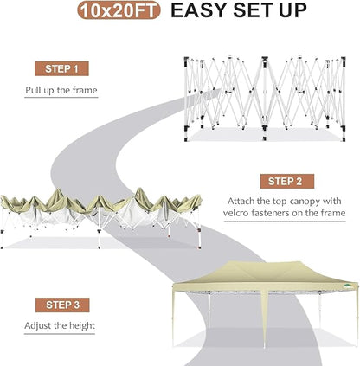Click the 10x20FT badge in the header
(x=115, y=11)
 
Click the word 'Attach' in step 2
(x=243, y=200)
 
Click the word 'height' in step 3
(x=79, y=326)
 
